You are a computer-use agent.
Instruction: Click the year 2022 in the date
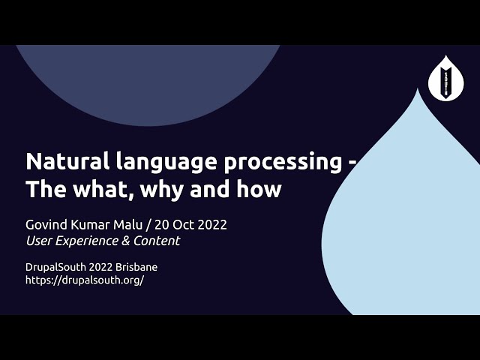tap(210, 224)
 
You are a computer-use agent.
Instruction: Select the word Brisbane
tap(136, 266)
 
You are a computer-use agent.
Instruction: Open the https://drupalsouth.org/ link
tap(85, 280)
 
